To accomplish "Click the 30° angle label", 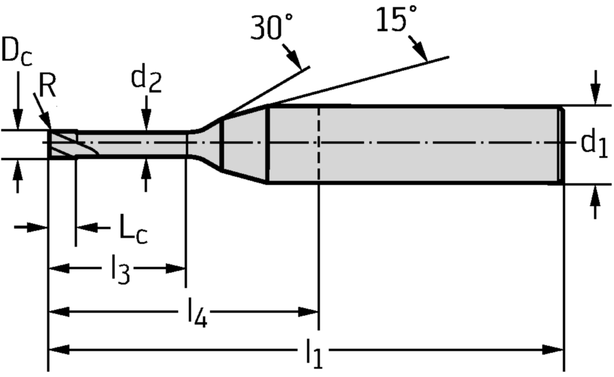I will point(272,28).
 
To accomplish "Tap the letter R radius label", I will point(47,88).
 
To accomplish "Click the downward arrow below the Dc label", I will point(17,119).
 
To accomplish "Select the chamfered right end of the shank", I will point(561,144).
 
